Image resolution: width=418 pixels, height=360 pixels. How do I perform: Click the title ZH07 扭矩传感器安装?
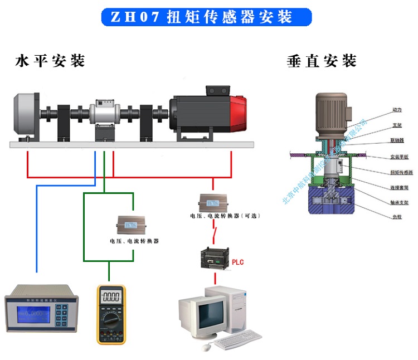206,17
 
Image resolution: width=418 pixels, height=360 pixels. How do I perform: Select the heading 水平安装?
50,61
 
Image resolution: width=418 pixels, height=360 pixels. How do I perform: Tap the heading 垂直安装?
322,61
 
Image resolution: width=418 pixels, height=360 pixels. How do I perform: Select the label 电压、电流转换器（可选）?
225,215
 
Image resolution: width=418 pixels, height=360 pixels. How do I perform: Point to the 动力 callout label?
381,110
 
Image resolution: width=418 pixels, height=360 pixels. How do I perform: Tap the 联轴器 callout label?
382,141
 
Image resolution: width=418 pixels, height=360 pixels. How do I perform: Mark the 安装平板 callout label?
383,157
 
